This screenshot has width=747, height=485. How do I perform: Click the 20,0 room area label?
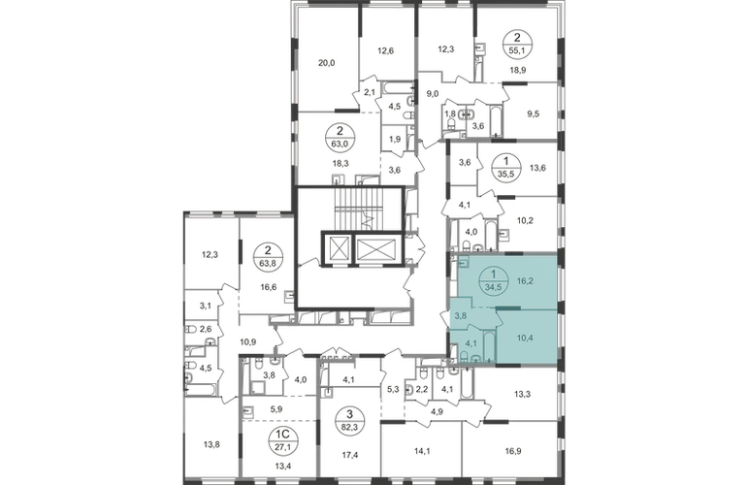coord(328,62)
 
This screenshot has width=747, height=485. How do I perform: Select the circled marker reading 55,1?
coord(518,42)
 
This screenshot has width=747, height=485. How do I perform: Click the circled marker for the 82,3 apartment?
coord(351,419)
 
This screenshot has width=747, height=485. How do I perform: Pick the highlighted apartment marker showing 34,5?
coord(493,281)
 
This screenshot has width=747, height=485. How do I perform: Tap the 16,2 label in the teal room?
coord(525,281)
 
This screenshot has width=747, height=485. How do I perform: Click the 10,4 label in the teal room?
coord(525,339)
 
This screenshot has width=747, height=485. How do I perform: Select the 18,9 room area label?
coord(518,70)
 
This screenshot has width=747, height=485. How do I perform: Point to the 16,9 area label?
coord(512,451)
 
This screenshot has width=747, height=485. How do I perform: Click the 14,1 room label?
coord(423,451)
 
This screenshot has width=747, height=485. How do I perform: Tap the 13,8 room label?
coord(211,445)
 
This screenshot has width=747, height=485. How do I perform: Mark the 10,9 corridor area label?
coord(247,341)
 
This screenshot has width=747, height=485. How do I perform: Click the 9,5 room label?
coord(534,113)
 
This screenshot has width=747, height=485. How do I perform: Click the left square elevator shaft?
coord(337,248)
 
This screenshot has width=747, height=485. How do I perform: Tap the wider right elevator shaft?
coord(376,248)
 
